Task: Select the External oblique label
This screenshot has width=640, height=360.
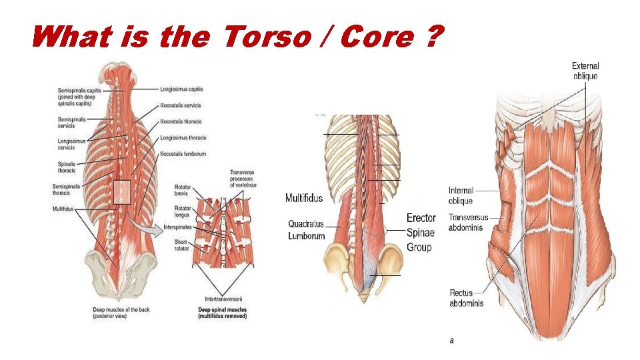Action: (585, 71)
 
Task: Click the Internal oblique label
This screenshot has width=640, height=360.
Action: (461, 196)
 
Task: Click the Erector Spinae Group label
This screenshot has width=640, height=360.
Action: (421, 233)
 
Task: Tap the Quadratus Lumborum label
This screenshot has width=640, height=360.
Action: (307, 230)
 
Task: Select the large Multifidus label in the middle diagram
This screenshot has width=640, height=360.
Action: (304, 198)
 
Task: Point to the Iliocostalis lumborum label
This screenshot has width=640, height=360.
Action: (183, 154)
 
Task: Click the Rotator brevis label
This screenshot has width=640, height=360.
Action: (183, 191)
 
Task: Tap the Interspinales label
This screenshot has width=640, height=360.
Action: (179, 227)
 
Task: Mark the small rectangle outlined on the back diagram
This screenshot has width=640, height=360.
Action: (122, 191)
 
